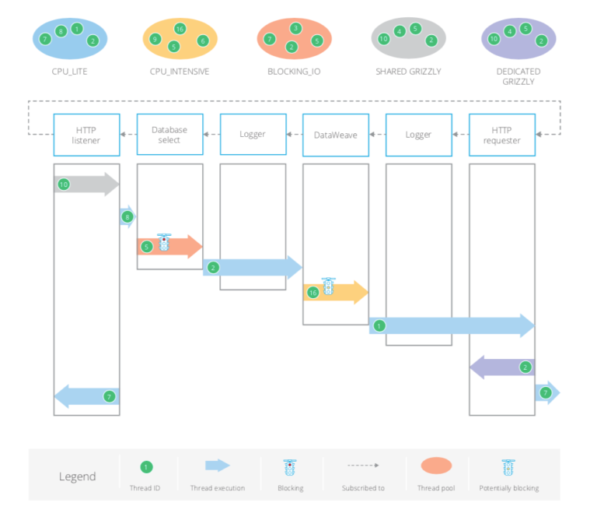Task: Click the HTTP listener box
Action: tap(87, 135)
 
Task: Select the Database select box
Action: tap(169, 135)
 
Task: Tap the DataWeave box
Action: tap(336, 135)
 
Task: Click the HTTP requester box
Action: tap(502, 135)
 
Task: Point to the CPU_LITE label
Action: tap(70, 72)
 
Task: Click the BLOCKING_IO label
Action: tap(294, 72)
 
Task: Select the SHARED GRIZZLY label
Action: tap(409, 72)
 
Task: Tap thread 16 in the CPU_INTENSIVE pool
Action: tap(180, 29)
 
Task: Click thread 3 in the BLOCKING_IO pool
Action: tap(295, 28)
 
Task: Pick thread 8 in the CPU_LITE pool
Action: tap(61, 31)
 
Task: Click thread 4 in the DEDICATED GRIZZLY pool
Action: tap(510, 31)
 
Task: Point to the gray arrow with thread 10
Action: tap(86, 184)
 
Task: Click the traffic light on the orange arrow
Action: tap(164, 242)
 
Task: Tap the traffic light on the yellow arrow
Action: tap(329, 286)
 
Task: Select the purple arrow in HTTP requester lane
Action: tap(502, 367)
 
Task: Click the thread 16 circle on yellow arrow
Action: tap(313, 293)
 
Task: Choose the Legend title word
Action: tap(77, 476)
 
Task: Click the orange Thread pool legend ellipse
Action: tap(436, 466)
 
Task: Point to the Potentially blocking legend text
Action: tap(509, 488)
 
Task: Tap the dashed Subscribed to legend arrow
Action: tap(363, 466)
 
